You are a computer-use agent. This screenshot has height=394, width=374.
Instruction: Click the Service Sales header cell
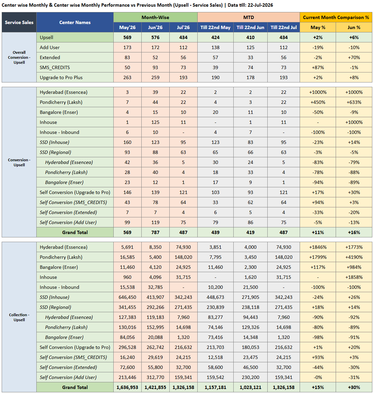pos(19,22)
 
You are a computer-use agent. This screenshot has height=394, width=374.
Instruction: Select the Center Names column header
pos(75,22)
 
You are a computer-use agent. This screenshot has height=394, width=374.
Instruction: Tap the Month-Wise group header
pos(155,17)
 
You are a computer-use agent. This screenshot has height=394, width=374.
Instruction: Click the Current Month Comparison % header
pos(336,17)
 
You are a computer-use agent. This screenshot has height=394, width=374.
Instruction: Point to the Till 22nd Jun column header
pos(250,27)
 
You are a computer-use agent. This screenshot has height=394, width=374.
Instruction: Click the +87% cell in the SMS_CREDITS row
pos(318,67)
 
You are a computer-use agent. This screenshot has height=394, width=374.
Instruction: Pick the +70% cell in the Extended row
pos(354,57)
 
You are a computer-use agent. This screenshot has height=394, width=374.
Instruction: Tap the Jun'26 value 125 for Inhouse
pos(155,122)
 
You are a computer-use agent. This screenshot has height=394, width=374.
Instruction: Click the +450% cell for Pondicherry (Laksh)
pos(318,102)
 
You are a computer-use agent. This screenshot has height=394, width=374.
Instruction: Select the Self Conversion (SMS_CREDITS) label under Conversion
pos(73,202)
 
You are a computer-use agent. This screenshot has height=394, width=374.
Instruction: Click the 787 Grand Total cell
pos(155,232)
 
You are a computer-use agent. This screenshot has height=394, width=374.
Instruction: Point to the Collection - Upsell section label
pos(19,317)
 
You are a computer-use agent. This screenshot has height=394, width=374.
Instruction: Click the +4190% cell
pos(354,257)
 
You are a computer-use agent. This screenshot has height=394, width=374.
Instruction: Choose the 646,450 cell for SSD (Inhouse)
pos(127,297)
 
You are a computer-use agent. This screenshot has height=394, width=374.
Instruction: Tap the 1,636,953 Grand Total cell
pos(127,387)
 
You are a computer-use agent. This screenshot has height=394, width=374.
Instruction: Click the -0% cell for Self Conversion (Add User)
pos(318,377)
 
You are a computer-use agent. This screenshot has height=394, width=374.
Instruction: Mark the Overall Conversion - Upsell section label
pos(19,57)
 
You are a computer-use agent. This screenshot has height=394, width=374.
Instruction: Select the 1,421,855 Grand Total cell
pos(155,387)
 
